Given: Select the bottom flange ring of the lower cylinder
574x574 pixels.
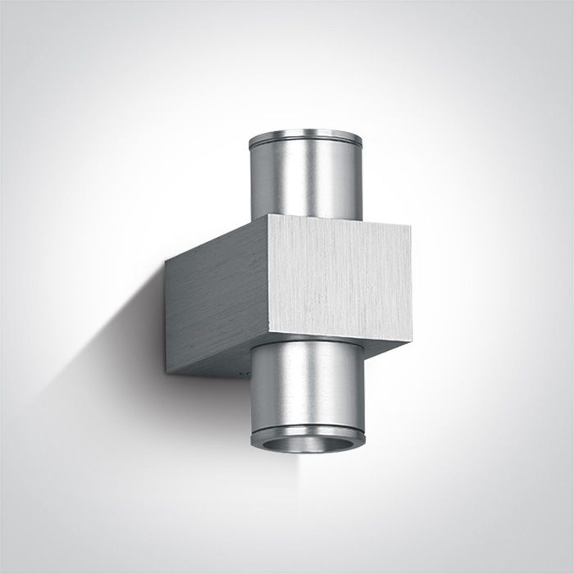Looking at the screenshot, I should [307, 437].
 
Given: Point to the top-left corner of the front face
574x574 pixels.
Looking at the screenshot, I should [270, 216].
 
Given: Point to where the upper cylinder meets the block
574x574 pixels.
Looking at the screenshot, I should [305, 220].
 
